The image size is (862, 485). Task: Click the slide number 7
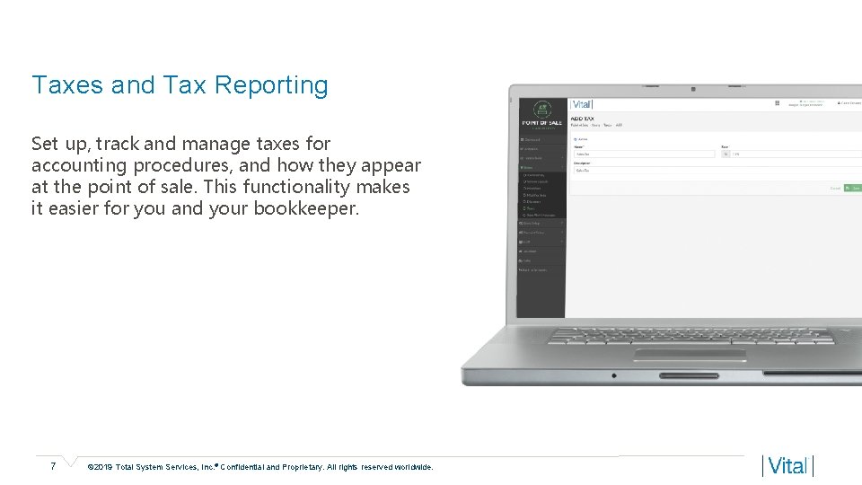[54, 466]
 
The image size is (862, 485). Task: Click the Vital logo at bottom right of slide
[787, 466]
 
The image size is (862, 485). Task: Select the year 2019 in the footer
[105, 467]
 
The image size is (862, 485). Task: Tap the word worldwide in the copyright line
[412, 467]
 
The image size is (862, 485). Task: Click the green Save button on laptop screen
[853, 188]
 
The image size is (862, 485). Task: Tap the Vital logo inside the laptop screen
[582, 105]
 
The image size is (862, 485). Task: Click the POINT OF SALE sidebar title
[541, 122]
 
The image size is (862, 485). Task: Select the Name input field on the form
[642, 154]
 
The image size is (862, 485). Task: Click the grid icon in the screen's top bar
[777, 103]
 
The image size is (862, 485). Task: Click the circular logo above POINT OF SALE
[541, 108]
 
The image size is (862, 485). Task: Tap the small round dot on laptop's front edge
[614, 375]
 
